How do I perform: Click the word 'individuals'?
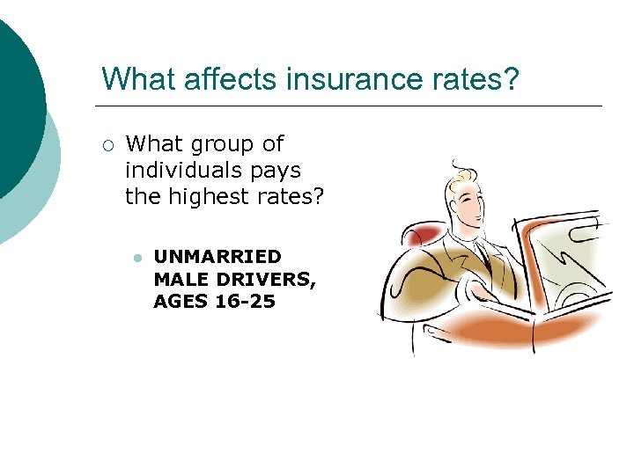coord(189,170)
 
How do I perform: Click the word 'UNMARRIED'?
coord(217,257)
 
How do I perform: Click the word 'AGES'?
coord(181,302)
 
